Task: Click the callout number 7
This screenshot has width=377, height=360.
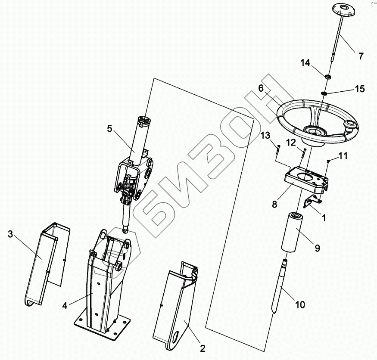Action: (x=361, y=56)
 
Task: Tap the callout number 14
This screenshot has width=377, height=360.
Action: (x=305, y=63)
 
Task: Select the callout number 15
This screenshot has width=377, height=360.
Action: (x=360, y=89)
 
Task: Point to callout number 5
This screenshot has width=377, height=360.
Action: (x=109, y=129)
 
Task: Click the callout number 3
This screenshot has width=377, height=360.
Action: (x=10, y=234)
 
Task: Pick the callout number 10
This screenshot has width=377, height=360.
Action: (x=300, y=305)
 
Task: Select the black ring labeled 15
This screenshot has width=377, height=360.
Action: (x=324, y=93)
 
